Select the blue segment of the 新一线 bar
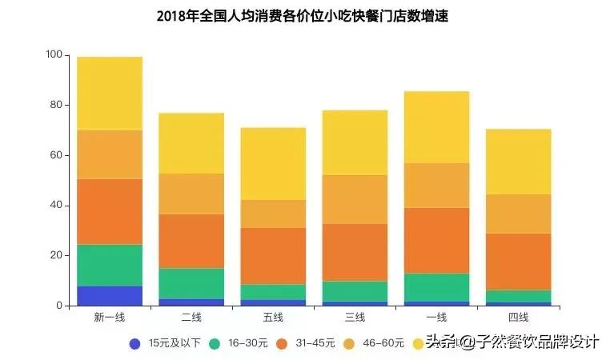110,295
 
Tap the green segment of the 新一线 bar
110,265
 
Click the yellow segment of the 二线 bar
191,143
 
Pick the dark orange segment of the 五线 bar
273,256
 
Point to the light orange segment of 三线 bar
355,199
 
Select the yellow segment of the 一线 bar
436,127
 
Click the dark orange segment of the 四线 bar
518,261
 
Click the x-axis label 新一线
110,318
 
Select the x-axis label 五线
273,318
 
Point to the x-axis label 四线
518,318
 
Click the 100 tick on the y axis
54,55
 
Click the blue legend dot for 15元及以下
135,344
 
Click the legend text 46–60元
382,344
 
